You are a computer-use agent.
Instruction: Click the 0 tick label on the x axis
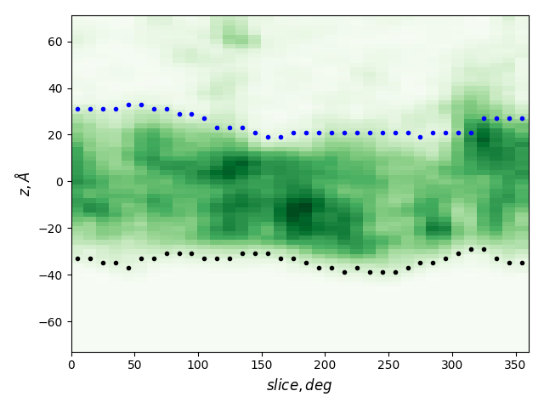(x=71, y=365)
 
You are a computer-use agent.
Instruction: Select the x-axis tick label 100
(x=198, y=365)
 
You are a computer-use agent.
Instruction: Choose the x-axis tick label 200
(x=326, y=365)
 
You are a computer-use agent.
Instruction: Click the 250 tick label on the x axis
(x=388, y=365)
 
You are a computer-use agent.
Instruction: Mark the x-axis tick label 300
(x=452, y=365)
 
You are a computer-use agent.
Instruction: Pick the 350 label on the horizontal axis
(x=516, y=365)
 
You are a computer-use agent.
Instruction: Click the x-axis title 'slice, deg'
(x=299, y=385)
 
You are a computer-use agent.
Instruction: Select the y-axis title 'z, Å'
(x=23, y=184)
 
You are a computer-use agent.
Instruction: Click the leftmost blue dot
(x=77, y=109)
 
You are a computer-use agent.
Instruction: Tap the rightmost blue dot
(x=522, y=118)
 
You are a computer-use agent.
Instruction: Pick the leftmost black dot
(x=77, y=258)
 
